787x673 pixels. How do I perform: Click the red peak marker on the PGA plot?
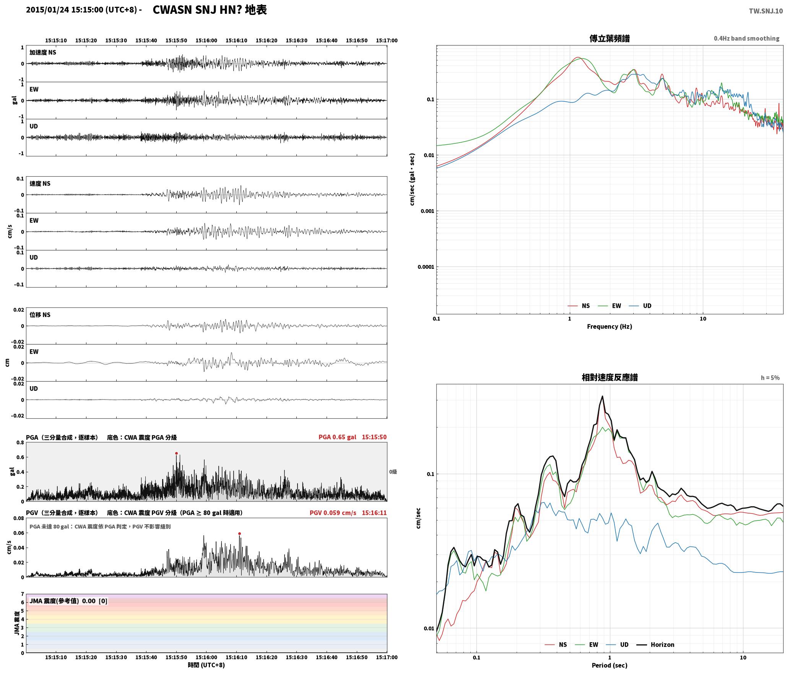click(x=176, y=454)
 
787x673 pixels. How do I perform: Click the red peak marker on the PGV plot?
click(x=239, y=533)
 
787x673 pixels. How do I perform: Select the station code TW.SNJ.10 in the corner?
click(x=766, y=11)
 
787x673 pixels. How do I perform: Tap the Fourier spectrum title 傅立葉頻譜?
click(x=610, y=38)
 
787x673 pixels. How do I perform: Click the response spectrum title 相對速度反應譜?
click(x=610, y=377)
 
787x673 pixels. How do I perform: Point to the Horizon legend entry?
click(x=655, y=644)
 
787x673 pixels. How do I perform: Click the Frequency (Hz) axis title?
click(x=610, y=326)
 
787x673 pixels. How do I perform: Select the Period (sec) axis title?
click(x=610, y=665)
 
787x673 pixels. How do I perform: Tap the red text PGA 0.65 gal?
click(x=337, y=437)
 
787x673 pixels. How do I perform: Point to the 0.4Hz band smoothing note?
click(x=746, y=38)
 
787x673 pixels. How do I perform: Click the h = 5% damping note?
click(x=770, y=378)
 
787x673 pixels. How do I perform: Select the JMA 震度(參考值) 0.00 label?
click(x=62, y=601)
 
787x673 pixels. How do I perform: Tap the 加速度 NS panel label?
click(x=43, y=52)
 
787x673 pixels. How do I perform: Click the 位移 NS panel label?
click(x=40, y=315)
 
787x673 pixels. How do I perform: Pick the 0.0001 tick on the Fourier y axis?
click(x=426, y=267)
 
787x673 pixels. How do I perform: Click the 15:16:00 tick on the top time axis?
click(x=206, y=41)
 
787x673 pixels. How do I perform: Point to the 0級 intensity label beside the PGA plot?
click(x=393, y=472)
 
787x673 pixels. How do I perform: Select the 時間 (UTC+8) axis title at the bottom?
click(x=206, y=665)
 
